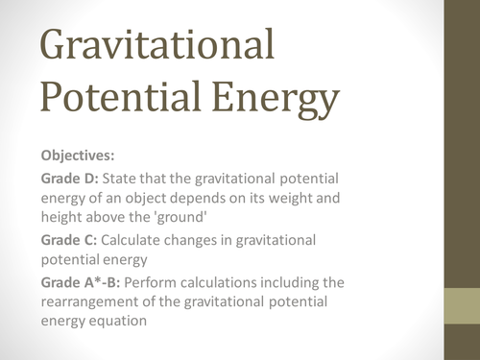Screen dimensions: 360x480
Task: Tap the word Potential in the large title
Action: point(106,99)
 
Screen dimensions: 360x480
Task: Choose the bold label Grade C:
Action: point(70,239)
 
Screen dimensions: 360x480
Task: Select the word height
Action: point(63,218)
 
